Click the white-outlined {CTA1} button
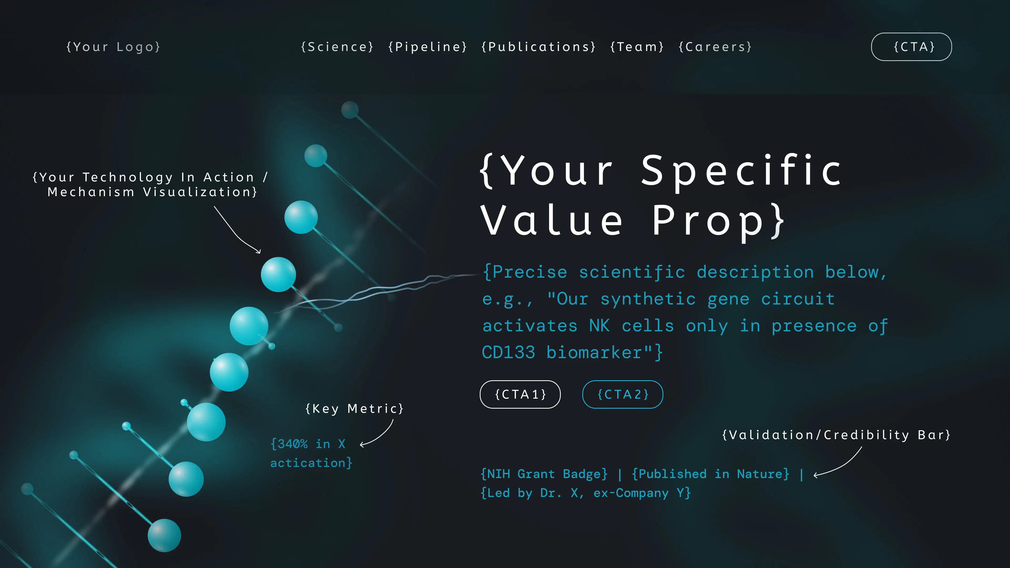(520, 394)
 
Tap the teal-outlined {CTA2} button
(623, 394)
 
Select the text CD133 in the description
(508, 352)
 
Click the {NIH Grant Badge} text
(544, 474)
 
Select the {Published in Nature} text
(710, 474)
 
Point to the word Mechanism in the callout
(91, 192)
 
